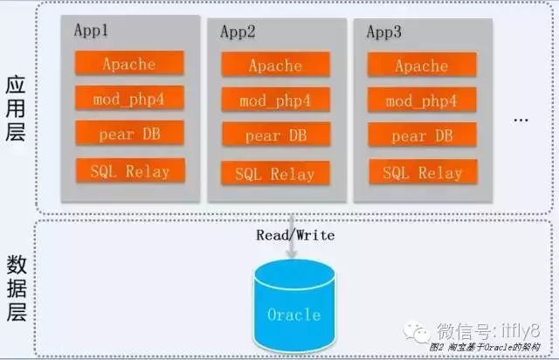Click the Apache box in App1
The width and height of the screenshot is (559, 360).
[128, 63]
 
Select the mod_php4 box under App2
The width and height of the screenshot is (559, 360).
[275, 100]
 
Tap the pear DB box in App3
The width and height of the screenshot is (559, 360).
[421, 135]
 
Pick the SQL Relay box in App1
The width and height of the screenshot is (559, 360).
[129, 170]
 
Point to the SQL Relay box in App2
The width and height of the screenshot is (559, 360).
[275, 174]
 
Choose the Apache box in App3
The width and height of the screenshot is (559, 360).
[421, 66]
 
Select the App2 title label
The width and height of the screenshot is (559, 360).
[238, 32]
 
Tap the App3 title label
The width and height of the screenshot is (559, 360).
[383, 32]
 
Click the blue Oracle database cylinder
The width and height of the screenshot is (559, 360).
[293, 306]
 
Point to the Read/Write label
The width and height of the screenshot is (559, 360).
[295, 235]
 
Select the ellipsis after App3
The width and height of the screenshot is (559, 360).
[521, 119]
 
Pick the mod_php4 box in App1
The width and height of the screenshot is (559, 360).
[129, 98]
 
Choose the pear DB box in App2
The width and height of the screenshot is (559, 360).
[275, 135]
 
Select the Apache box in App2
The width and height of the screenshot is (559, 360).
[275, 66]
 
